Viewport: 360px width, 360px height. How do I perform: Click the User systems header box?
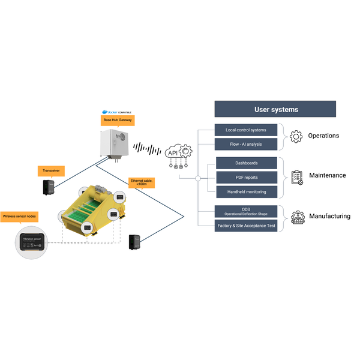275,109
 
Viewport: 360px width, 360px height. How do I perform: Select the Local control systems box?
246,130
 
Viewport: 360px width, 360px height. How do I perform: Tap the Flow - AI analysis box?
246,144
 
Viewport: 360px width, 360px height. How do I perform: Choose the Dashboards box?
246,163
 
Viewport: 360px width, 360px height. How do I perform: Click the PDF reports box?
246,177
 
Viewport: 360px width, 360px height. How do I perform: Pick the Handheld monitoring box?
246,191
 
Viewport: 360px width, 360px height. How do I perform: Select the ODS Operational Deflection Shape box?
246,211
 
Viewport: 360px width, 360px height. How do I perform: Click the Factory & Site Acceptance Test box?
246,226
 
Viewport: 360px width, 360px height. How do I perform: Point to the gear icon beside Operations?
296,136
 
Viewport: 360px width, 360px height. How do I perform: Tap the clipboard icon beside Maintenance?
296,176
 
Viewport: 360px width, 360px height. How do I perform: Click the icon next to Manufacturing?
296,217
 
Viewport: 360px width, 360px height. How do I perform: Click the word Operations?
323,136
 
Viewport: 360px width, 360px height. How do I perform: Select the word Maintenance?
327,176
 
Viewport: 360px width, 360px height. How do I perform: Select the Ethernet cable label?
142,182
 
